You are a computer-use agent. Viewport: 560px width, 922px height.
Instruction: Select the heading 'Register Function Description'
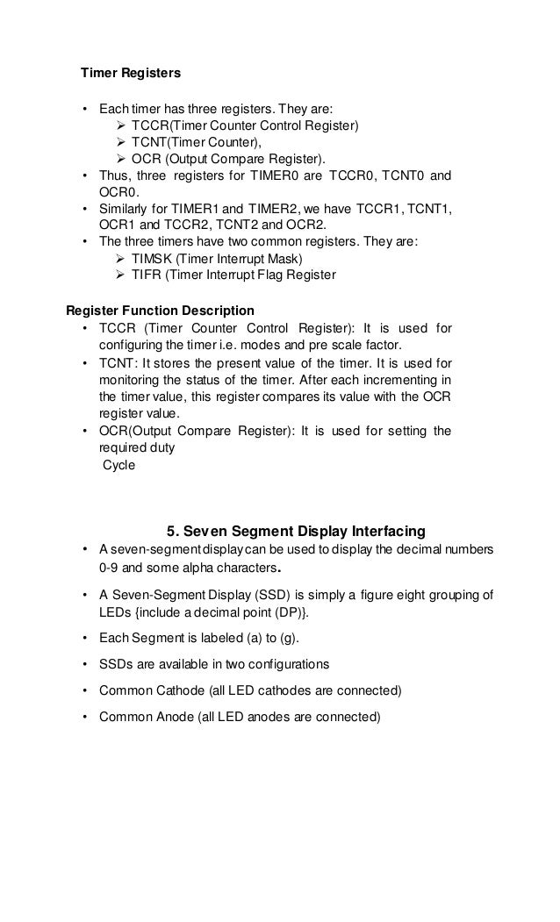click(x=161, y=311)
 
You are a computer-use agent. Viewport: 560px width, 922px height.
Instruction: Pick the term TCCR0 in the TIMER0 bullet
click(x=348, y=176)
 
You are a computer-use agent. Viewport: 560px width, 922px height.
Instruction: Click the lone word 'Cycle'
click(x=119, y=465)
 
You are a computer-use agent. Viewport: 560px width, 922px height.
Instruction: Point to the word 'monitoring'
click(x=130, y=379)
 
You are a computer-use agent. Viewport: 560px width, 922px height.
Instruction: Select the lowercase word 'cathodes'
click(x=276, y=690)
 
